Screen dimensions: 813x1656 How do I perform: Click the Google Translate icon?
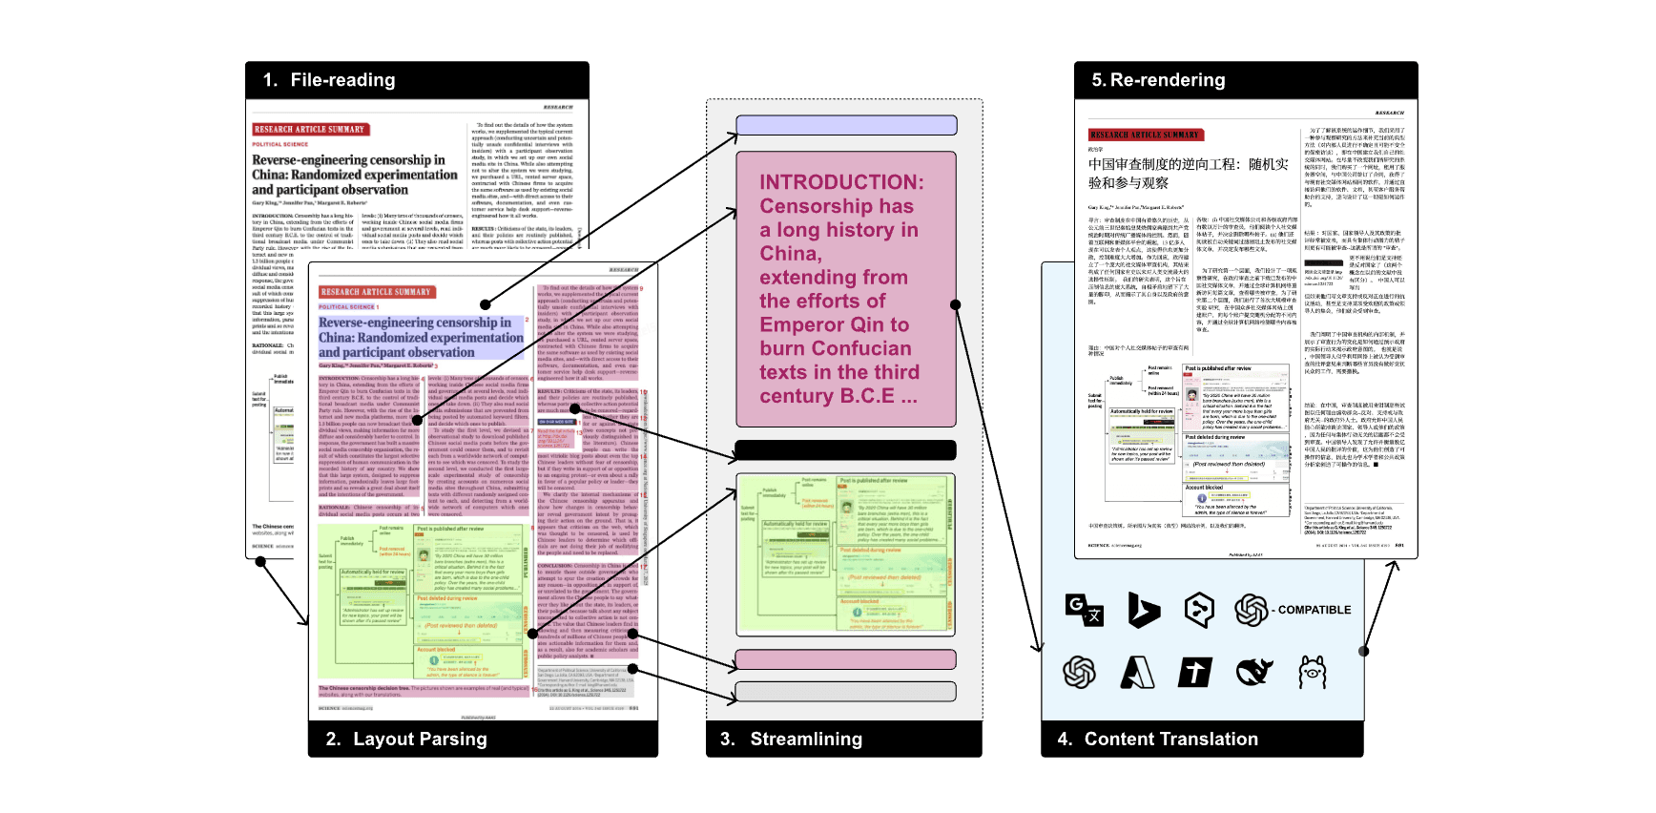coord(1084,610)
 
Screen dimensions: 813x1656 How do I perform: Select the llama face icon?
coord(1313,673)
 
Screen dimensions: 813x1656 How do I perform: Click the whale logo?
coord(1254,673)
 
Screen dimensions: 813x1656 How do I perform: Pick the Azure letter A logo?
coord(1137,673)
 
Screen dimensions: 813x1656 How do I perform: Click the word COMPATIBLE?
coord(1314,610)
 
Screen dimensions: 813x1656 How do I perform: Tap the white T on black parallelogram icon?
coord(1194,673)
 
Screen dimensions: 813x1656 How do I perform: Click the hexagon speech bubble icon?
coord(1199,610)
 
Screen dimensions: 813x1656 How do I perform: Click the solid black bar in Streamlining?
coord(845,450)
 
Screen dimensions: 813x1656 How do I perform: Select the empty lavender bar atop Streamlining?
coord(845,125)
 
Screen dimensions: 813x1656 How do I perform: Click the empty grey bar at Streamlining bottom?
coord(845,691)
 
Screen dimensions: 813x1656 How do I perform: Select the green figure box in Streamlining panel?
coord(845,554)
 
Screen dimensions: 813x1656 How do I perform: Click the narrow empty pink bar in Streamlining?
coord(845,659)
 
